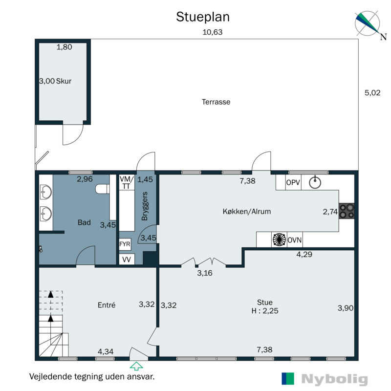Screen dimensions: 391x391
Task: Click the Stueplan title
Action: click(203, 18)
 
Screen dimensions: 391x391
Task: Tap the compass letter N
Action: click(383, 37)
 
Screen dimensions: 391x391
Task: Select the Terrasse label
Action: click(216, 102)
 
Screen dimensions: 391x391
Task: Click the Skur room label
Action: click(64, 81)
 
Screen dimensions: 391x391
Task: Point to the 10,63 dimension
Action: click(213, 32)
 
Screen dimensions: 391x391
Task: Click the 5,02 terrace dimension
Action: click(372, 93)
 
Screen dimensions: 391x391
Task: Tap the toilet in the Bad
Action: click(103, 189)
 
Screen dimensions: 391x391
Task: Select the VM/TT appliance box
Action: click(127, 182)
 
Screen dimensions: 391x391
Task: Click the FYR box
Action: click(125, 244)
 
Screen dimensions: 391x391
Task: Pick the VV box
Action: click(127, 260)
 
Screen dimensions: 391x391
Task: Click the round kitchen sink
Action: click(315, 182)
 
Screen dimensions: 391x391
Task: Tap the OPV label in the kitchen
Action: click(293, 182)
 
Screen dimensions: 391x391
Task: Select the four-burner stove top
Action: click(347, 211)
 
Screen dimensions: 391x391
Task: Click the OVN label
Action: click(295, 240)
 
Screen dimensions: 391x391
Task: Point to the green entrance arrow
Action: click(136, 366)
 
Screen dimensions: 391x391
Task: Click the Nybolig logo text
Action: click(334, 379)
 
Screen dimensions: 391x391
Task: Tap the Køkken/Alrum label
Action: click(247, 212)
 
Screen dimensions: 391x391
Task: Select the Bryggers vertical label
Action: click(145, 206)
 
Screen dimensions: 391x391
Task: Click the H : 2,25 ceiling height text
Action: click(265, 311)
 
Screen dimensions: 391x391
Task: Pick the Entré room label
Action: click(107, 305)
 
